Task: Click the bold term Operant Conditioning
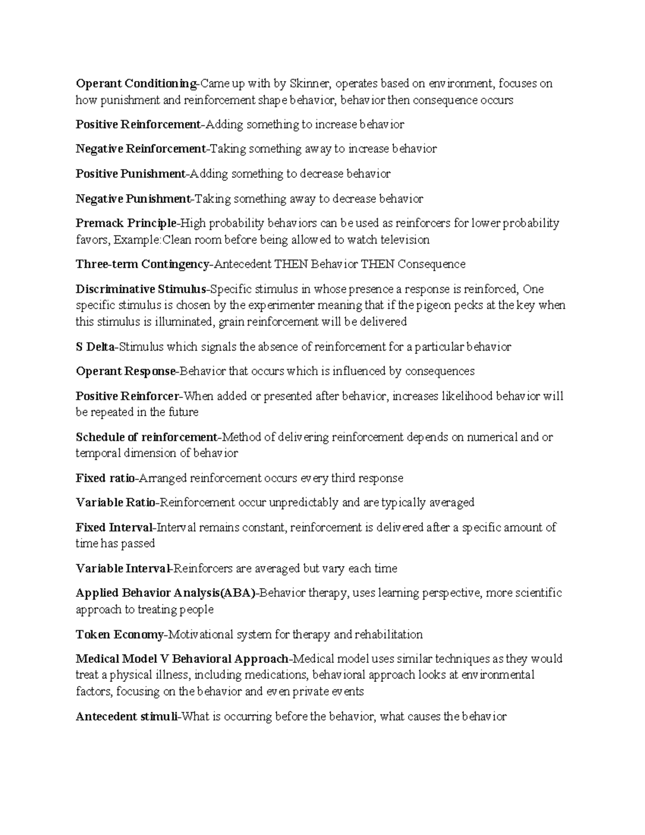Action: pyautogui.click(x=137, y=84)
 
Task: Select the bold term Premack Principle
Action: pyautogui.click(x=126, y=223)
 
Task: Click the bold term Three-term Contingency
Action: pyautogui.click(x=142, y=265)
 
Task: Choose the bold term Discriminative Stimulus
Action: pyautogui.click(x=141, y=289)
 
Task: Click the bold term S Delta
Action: pyautogui.click(x=95, y=347)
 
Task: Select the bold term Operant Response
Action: pyautogui.click(x=126, y=372)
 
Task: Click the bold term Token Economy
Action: pyautogui.click(x=119, y=635)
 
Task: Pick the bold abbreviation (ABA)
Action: pyautogui.click(x=237, y=594)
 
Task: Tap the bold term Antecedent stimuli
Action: pyautogui.click(x=126, y=717)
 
